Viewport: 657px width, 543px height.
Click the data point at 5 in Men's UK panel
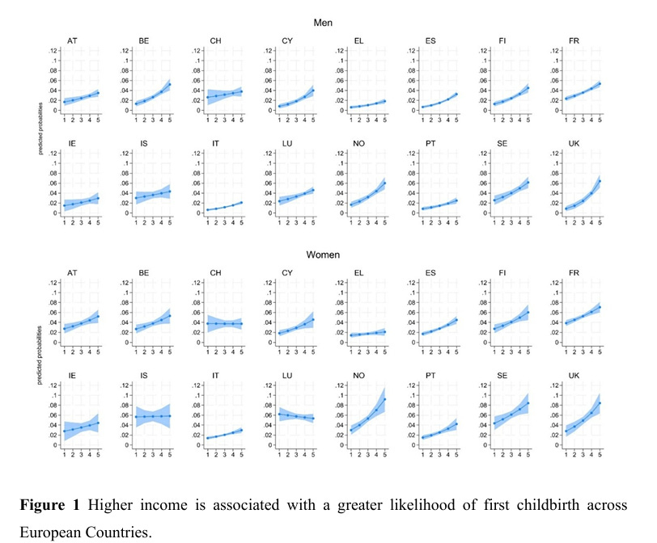pyautogui.click(x=600, y=181)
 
